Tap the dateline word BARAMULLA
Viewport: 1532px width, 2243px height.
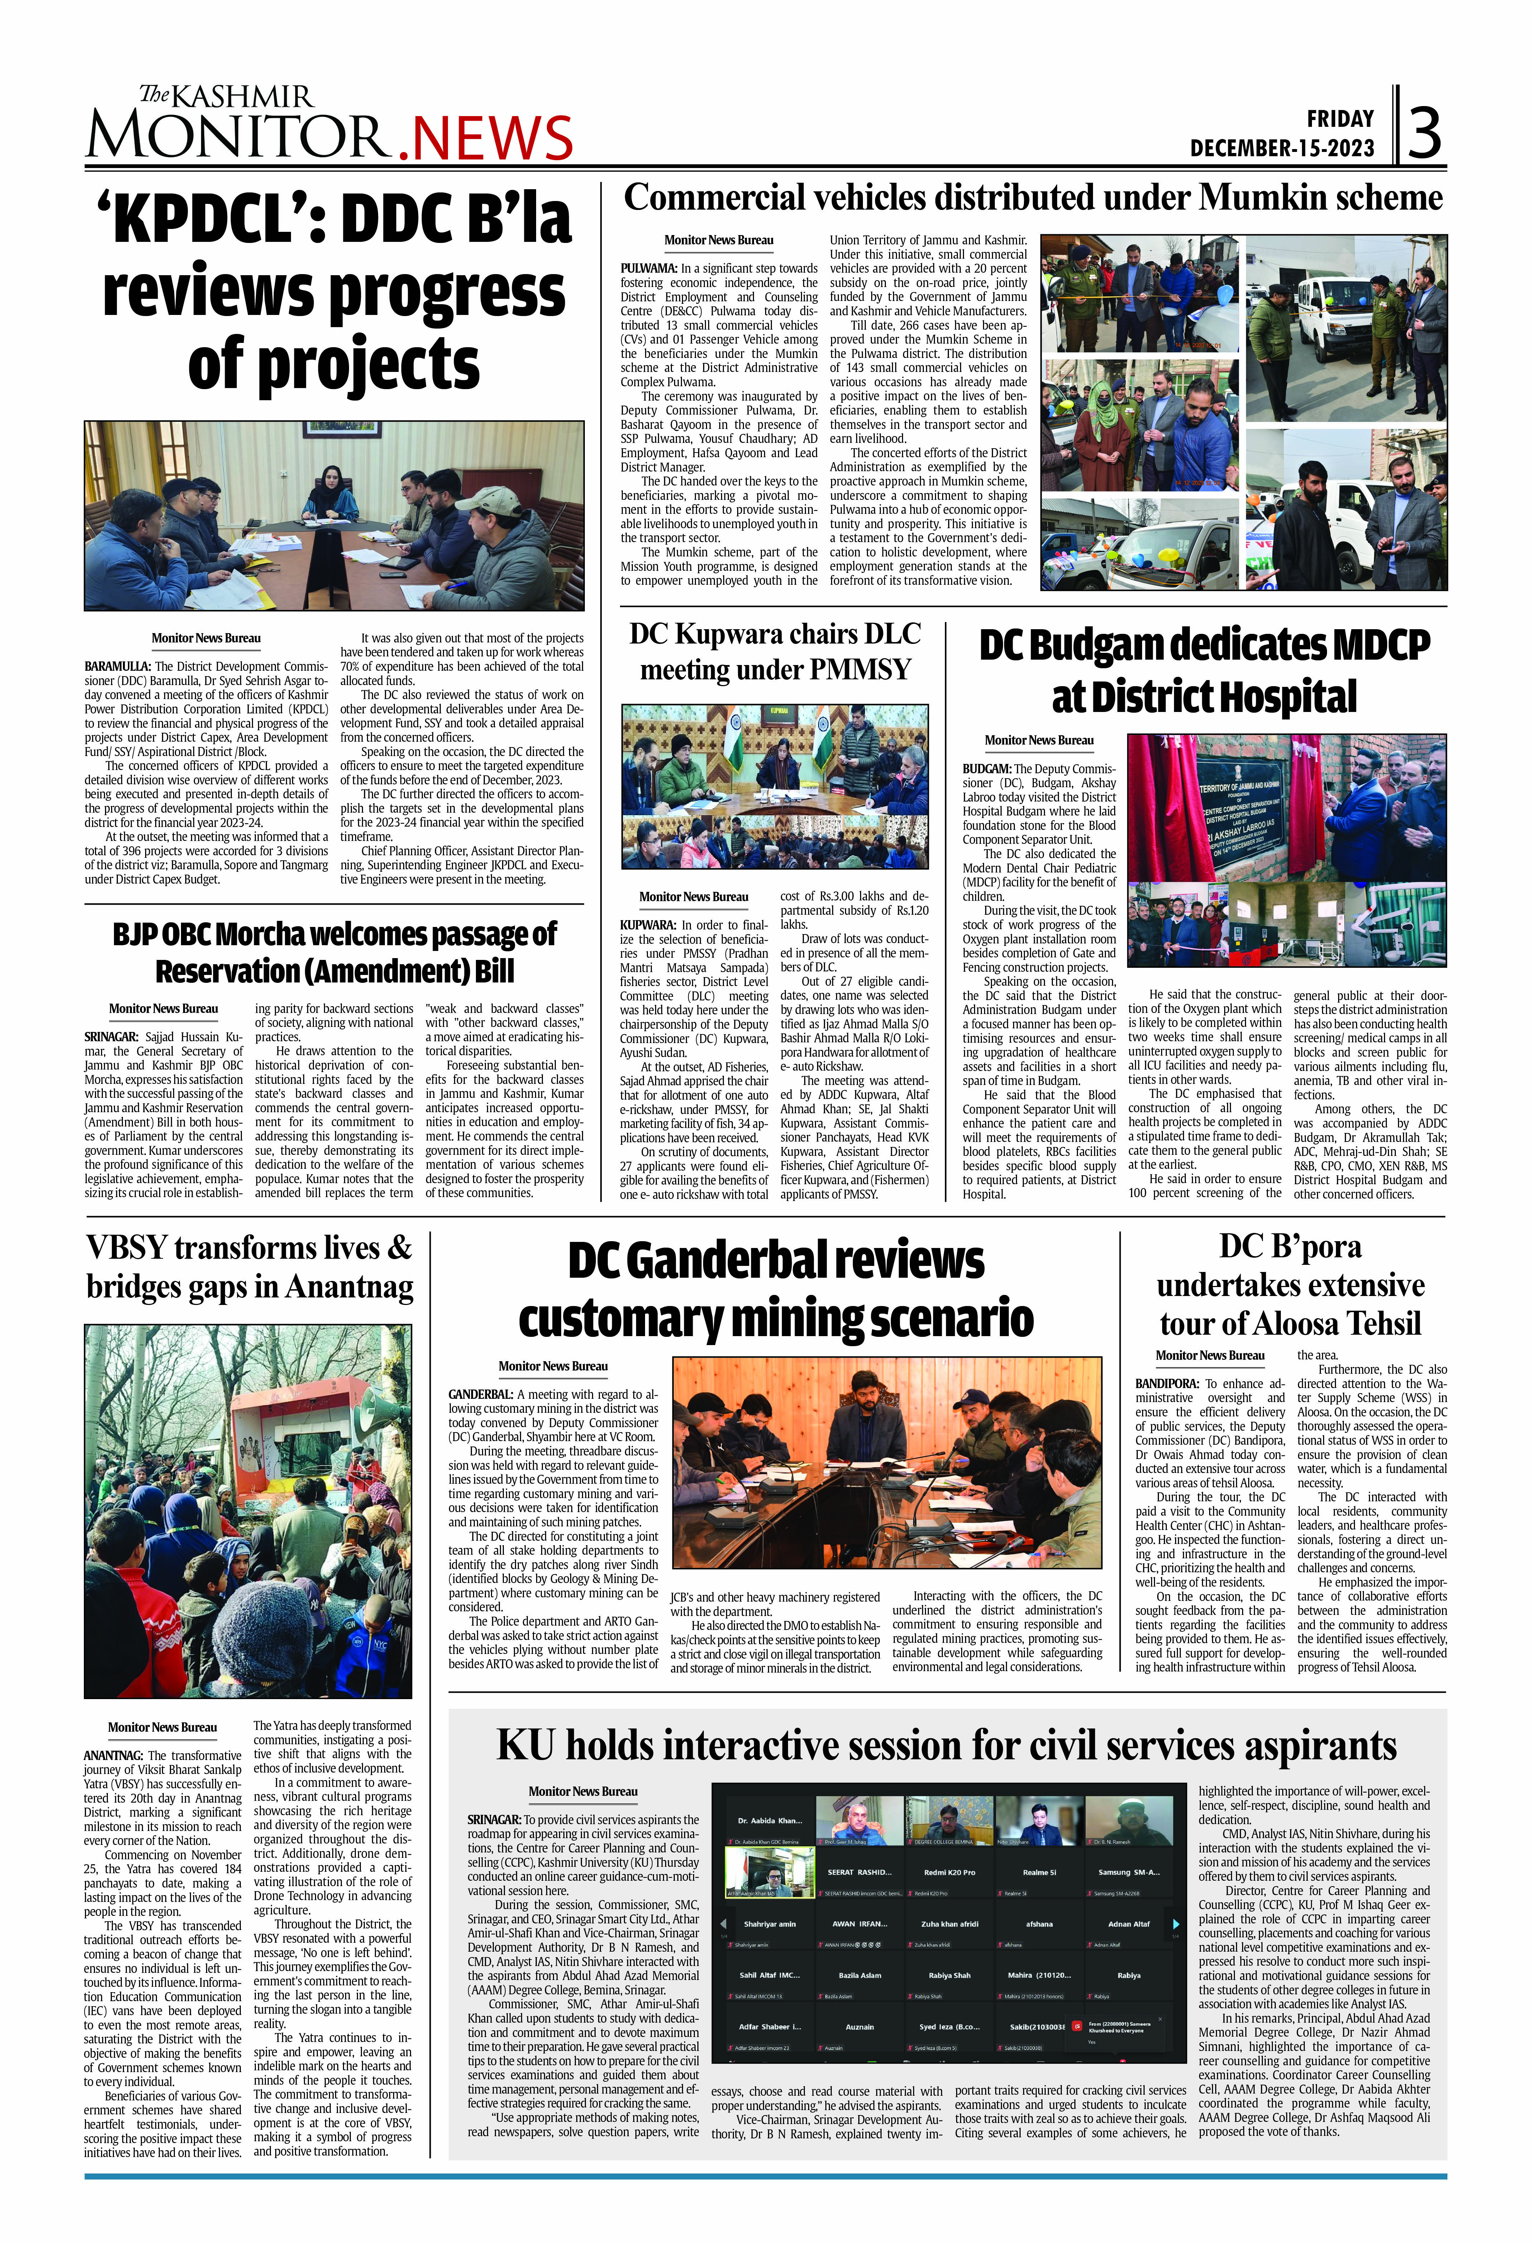[117, 666]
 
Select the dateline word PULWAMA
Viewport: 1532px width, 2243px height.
[649, 268]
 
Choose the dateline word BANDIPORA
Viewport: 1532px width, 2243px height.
[1166, 1383]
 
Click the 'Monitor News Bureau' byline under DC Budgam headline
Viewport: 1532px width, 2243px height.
[1039, 740]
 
